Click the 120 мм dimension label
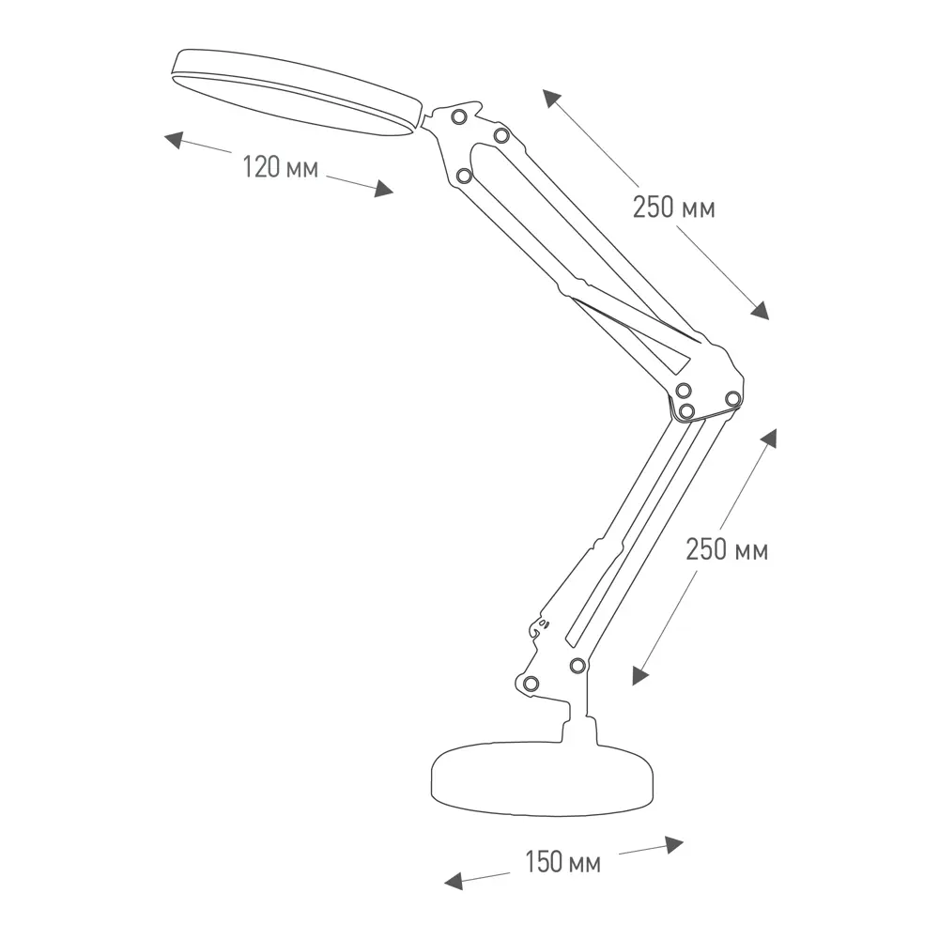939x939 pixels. (280, 166)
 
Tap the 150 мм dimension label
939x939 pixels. (562, 862)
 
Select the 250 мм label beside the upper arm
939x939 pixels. (673, 208)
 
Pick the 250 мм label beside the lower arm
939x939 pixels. (727, 549)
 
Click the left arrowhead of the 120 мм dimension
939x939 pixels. (174, 141)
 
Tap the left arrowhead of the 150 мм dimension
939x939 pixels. (454, 881)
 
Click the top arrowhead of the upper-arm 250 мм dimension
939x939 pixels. (552, 99)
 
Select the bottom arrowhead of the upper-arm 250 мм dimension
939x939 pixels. (760, 310)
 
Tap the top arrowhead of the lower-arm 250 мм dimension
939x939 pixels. (769, 439)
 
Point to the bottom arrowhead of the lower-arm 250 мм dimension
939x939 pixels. (640, 675)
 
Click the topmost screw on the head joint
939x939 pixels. (459, 116)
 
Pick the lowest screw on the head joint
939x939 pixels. (464, 177)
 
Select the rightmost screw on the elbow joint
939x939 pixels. (733, 399)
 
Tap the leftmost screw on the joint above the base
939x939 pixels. (531, 684)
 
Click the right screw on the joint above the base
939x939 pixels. (577, 666)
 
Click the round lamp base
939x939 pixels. (543, 778)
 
